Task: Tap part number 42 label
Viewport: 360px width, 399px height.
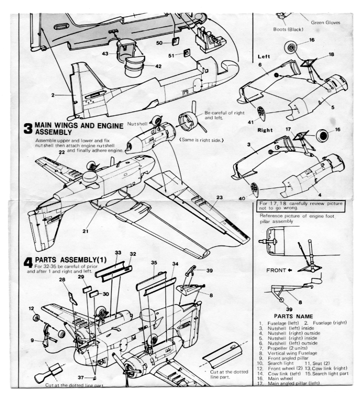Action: [158, 66]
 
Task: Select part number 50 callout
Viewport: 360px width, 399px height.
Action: [159, 43]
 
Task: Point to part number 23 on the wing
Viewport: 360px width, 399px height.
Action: [219, 198]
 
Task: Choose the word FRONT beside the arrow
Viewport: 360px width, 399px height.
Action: [276, 270]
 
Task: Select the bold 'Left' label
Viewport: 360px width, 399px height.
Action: [264, 57]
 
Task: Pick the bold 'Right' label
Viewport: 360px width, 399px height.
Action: [265, 130]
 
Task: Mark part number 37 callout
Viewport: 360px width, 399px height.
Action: [80, 377]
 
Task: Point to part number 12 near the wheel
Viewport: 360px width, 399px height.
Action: [32, 308]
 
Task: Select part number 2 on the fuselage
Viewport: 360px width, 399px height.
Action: [53, 95]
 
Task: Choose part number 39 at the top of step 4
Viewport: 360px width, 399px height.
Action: [209, 270]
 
